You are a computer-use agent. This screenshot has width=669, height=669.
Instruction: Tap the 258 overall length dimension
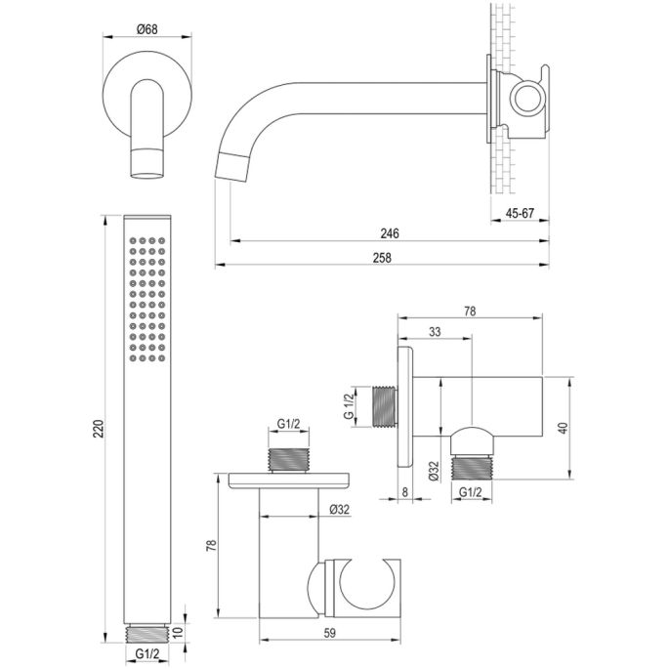pos(382,257)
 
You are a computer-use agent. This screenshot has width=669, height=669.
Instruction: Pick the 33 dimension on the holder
pos(435,334)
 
